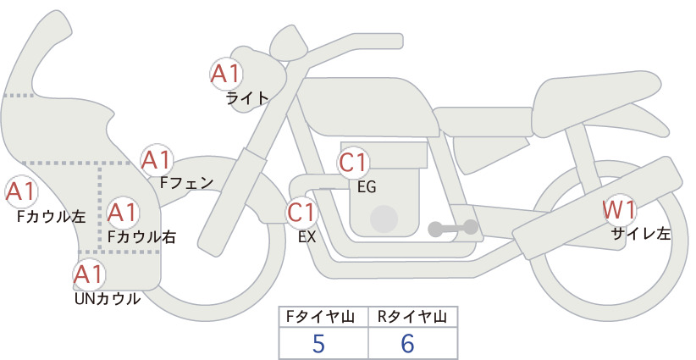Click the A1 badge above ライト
coord(226,74)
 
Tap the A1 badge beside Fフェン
coord(157,160)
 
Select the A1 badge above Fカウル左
coord(20,191)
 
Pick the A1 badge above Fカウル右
coord(123,213)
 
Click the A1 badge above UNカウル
coord(89,274)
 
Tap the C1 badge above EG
coord(354,163)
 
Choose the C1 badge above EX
coord(301,212)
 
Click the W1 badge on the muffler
coord(619,210)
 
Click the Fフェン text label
coord(186,182)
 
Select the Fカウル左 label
coord(51,216)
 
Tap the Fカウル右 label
coord(142,236)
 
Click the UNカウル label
coord(108,299)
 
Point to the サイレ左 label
coord(641,234)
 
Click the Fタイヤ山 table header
coord(320,317)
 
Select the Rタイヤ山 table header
coord(412,317)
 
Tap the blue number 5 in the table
coord(318,343)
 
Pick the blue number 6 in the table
coord(407,343)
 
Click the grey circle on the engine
coord(384,219)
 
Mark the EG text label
coord(367,187)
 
